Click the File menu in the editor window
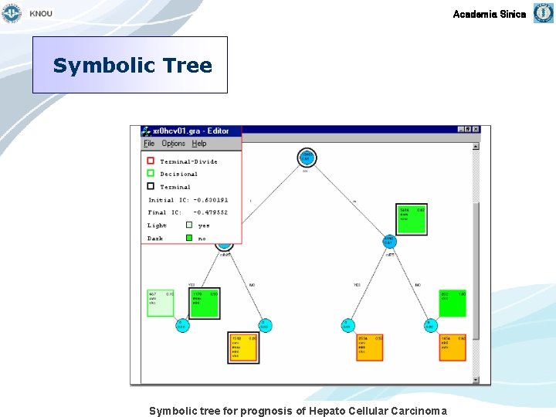149,144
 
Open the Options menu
173,144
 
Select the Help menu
199,144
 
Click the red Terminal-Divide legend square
151,161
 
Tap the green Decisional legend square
151,173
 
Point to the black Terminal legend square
151,185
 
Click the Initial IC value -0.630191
211,200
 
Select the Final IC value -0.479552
211,212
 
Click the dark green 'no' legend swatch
189,238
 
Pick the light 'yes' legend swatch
189,225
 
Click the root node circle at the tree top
307,158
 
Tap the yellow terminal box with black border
243,347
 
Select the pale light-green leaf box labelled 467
161,303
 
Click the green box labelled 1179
205,303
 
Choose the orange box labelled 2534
369,347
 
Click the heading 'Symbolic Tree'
132,66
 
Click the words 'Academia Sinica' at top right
489,14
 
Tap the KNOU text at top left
41,14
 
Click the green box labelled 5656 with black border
412,219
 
